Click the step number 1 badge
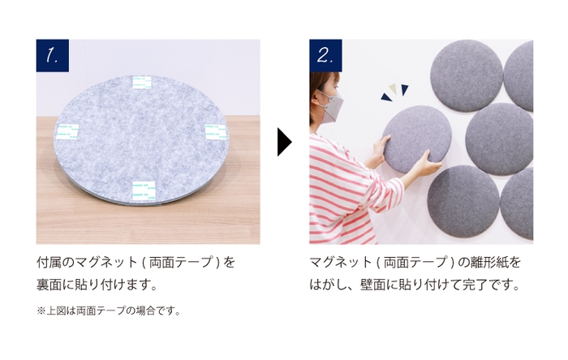tap(53, 56)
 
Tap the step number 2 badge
tap(325, 56)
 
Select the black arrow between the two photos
tap(283, 142)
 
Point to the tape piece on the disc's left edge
tap(68, 132)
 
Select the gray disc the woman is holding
tap(416, 137)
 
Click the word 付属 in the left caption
tap(48, 263)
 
